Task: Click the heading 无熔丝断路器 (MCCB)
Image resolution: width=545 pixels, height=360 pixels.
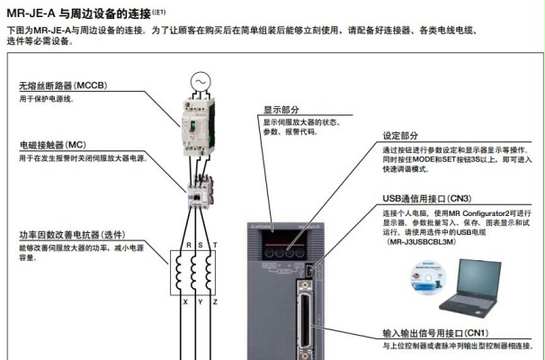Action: point(62,86)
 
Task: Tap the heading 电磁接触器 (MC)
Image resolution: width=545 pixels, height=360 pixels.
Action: point(53,144)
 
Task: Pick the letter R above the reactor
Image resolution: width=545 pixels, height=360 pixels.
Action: point(186,244)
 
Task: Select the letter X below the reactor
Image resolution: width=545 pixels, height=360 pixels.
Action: point(186,301)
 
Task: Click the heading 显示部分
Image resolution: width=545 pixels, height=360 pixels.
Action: point(281,109)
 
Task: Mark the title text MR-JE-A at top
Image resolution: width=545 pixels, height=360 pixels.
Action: point(32,13)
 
